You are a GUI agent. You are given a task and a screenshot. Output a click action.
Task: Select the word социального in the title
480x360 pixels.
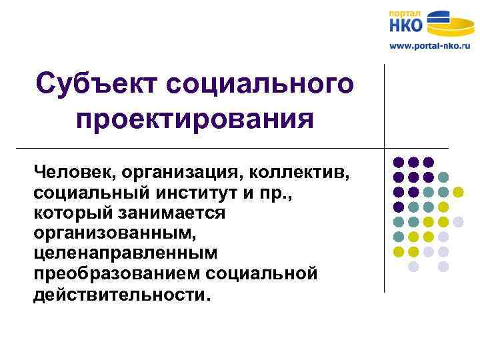(260, 85)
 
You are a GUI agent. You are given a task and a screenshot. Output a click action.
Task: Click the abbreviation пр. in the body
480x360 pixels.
(278, 193)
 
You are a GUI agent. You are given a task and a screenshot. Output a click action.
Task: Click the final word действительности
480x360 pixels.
(121, 294)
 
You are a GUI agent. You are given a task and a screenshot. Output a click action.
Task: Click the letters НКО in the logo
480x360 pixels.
(406, 25)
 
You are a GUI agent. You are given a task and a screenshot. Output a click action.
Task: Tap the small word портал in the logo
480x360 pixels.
(405, 13)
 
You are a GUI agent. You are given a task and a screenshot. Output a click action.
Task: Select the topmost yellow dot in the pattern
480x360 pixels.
(458, 192)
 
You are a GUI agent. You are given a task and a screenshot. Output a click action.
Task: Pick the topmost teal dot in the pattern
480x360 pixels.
(443, 177)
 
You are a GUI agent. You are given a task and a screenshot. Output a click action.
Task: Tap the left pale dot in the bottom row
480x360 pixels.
(413, 267)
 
